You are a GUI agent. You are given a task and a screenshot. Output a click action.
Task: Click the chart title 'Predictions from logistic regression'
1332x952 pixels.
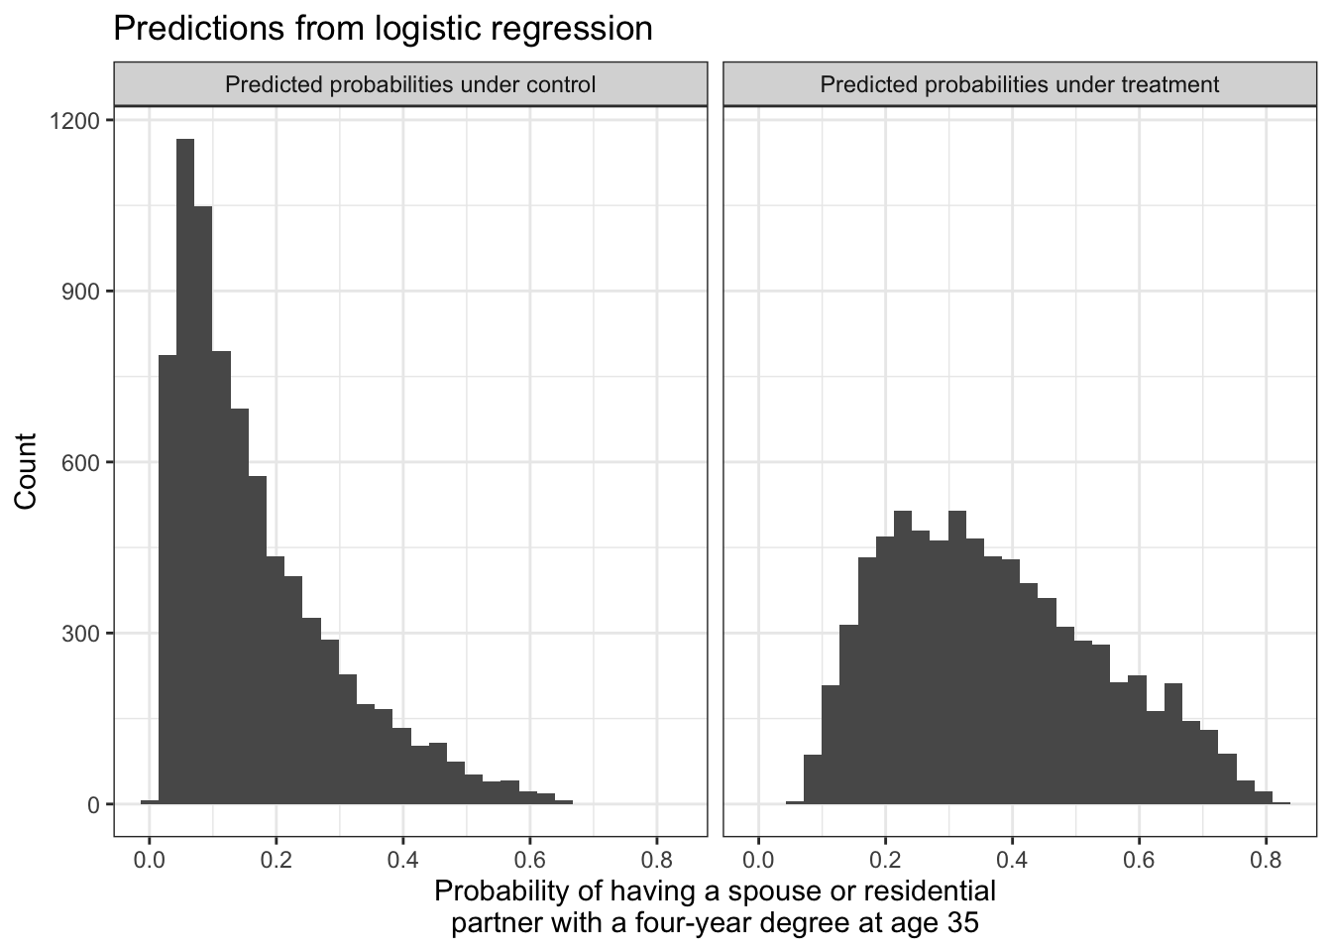point(383,28)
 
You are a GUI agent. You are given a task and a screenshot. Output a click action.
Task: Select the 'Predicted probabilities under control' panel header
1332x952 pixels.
point(410,84)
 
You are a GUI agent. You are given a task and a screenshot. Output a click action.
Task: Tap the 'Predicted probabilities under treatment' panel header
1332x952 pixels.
point(1019,84)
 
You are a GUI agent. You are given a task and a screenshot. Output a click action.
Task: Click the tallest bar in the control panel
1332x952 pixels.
point(185,476)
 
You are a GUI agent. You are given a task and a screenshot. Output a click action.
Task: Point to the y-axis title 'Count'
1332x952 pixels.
point(26,471)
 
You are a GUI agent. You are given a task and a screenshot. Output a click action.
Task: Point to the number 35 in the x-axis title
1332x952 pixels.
point(960,923)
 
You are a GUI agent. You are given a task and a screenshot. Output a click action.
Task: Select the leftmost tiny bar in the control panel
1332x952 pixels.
point(150,802)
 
